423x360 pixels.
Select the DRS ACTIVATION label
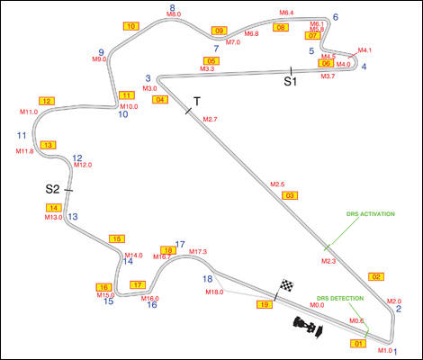tap(370, 214)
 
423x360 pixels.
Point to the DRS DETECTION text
tap(340, 298)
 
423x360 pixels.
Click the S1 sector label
tap(290, 81)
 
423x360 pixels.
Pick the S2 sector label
tap(52, 189)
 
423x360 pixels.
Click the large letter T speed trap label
tap(197, 100)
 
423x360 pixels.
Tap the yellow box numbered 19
tap(265, 306)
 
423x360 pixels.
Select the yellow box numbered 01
tap(358, 343)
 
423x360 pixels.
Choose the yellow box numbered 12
tap(47, 101)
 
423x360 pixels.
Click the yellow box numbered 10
tap(130, 26)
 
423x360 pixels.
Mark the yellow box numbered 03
tap(289, 195)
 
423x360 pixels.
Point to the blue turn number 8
tap(171, 8)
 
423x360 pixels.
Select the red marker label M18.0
tap(214, 292)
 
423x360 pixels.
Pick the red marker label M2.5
tap(277, 184)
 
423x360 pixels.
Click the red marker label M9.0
tap(99, 59)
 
